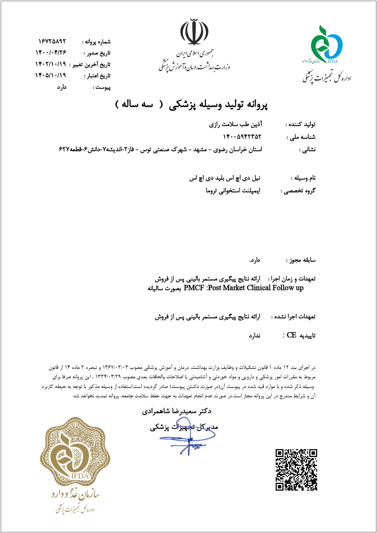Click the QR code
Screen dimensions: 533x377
[x=296, y=470]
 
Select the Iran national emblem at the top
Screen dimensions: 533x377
[x=194, y=32]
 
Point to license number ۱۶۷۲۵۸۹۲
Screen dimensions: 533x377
[x=52, y=41]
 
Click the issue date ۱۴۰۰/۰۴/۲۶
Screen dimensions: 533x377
[x=51, y=53]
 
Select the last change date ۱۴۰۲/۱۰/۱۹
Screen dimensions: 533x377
[x=51, y=64]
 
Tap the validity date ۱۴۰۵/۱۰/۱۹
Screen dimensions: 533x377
[x=51, y=75]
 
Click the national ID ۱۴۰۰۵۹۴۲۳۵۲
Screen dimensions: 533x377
[x=242, y=137]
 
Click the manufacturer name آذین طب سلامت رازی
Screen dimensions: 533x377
[x=235, y=124]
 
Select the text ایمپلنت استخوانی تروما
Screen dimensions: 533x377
[x=233, y=190]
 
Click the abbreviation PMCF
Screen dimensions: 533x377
[x=194, y=288]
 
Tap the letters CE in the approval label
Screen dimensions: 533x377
[x=291, y=335]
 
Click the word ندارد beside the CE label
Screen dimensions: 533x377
[x=254, y=336]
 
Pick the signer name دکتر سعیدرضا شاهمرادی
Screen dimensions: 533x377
[x=177, y=411]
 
